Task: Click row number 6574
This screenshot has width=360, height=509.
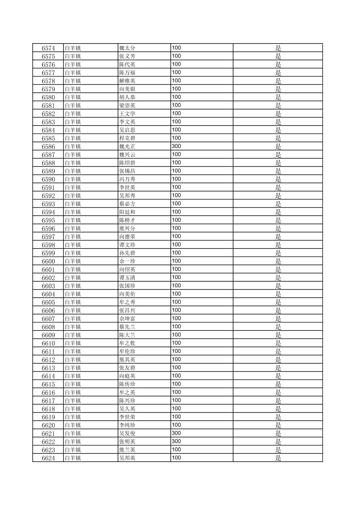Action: [x=48, y=48]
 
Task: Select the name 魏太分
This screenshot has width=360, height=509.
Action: [x=127, y=48]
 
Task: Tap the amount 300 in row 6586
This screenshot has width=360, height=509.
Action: [x=176, y=146]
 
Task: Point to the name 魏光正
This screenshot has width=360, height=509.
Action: [x=127, y=147]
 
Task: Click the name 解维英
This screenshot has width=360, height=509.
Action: [x=127, y=81]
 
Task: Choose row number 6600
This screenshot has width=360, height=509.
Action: [x=48, y=262]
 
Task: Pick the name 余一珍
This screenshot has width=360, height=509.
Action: [x=127, y=262]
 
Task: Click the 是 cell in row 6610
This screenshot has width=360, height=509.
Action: [x=278, y=343]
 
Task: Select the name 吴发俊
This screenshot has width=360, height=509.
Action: [x=127, y=434]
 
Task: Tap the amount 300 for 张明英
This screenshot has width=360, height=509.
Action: [x=176, y=441]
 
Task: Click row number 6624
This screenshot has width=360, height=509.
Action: [x=48, y=458]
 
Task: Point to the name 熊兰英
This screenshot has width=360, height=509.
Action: [x=127, y=450]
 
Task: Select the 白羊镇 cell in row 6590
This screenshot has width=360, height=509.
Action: [x=73, y=179]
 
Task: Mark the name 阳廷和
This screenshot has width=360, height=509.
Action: [x=127, y=212]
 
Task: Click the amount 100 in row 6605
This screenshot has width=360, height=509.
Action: [x=176, y=302]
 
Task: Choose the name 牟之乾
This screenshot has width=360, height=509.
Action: [x=127, y=343]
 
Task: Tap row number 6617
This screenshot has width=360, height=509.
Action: [x=48, y=401]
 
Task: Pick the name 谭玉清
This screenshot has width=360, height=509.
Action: [x=127, y=278]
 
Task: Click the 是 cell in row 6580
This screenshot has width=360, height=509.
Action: [x=278, y=97]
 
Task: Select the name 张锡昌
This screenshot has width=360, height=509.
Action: [x=127, y=171]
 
